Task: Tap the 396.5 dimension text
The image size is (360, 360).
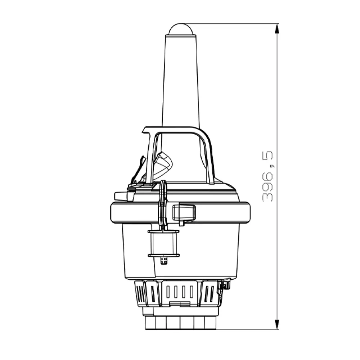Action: tap(267, 176)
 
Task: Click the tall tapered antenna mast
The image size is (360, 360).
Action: tap(181, 83)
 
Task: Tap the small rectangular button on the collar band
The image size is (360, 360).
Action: tap(184, 212)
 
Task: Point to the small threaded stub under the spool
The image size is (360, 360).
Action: tap(164, 261)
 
